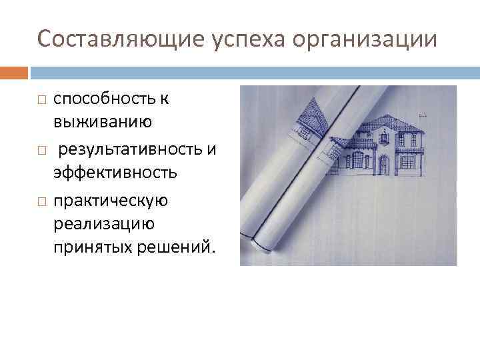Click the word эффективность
click(115, 173)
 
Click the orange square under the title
click(14, 72)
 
